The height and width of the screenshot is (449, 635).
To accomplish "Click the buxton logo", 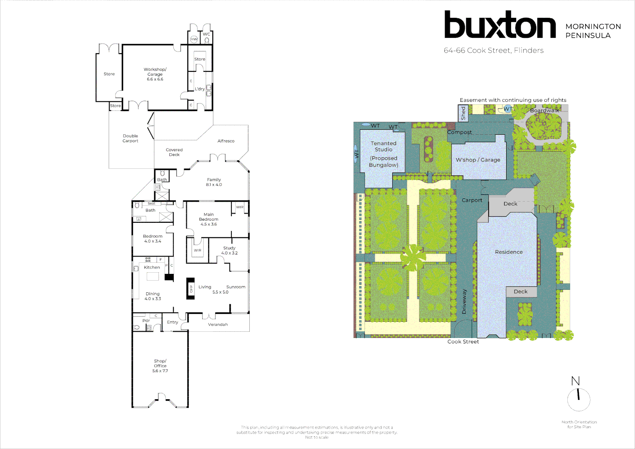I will (x=500, y=25).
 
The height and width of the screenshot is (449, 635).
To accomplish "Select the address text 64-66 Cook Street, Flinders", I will (x=493, y=50).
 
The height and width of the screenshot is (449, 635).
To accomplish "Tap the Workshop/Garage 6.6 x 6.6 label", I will (x=155, y=74).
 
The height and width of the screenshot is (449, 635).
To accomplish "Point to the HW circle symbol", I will (x=194, y=39).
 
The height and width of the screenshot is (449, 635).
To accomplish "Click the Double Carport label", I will (x=130, y=138).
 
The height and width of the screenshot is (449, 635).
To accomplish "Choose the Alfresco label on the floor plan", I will (x=226, y=141).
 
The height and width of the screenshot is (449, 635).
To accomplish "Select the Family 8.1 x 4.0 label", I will (x=214, y=182).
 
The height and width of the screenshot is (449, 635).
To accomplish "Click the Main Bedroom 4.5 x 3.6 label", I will (x=209, y=219).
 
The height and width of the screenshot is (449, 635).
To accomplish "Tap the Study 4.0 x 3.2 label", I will (x=229, y=250).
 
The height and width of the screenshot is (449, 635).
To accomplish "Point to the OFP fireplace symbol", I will (x=190, y=289).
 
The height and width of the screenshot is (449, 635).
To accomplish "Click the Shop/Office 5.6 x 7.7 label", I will (x=160, y=366).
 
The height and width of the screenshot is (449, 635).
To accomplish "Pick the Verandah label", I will (x=218, y=325).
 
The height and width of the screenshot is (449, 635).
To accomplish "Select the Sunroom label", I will (x=236, y=287).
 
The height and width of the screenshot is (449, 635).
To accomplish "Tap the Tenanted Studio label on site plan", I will (x=384, y=146).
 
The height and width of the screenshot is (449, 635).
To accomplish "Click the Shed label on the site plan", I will (x=463, y=113).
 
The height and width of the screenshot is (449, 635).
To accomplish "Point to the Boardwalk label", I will (x=544, y=111).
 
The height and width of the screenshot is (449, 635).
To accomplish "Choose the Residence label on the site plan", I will (x=509, y=252).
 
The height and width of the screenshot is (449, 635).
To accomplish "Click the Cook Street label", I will (x=463, y=342).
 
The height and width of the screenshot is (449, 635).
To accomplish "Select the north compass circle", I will (x=578, y=400).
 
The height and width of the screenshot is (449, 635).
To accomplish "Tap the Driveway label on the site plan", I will (x=464, y=301).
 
